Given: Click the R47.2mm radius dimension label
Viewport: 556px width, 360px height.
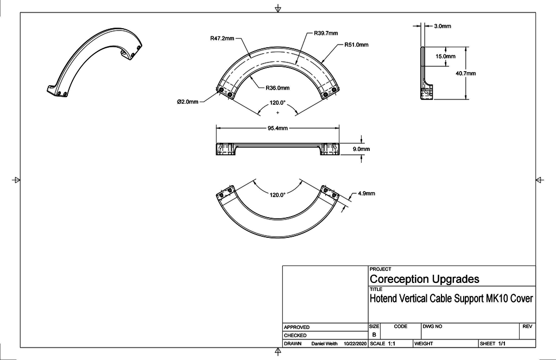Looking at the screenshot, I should (x=222, y=39).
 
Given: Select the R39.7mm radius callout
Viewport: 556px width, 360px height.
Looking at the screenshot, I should (x=326, y=33).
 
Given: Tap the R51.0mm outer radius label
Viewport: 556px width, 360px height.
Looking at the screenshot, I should (x=356, y=45).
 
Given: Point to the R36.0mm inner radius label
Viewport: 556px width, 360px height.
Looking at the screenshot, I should (x=277, y=87).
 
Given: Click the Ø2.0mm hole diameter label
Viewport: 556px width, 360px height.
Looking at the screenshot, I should (x=187, y=101).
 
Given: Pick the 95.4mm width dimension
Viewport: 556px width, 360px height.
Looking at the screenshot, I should (x=277, y=128).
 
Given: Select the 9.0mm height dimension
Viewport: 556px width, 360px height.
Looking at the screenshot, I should (x=361, y=149).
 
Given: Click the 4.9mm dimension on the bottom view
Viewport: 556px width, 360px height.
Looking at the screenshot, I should (x=366, y=193).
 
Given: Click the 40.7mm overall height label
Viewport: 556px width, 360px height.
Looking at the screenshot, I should (x=466, y=73).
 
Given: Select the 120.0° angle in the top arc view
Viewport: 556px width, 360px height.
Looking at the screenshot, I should (x=277, y=103).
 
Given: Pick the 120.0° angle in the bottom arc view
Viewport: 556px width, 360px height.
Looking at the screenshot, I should (x=277, y=194).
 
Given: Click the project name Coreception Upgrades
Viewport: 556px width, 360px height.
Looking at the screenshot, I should (x=424, y=279).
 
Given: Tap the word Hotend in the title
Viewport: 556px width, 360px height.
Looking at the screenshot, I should (x=383, y=298).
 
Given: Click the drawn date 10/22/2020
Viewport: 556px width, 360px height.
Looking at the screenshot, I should (x=356, y=344).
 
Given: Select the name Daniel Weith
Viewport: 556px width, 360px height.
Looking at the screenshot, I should (x=325, y=344).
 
